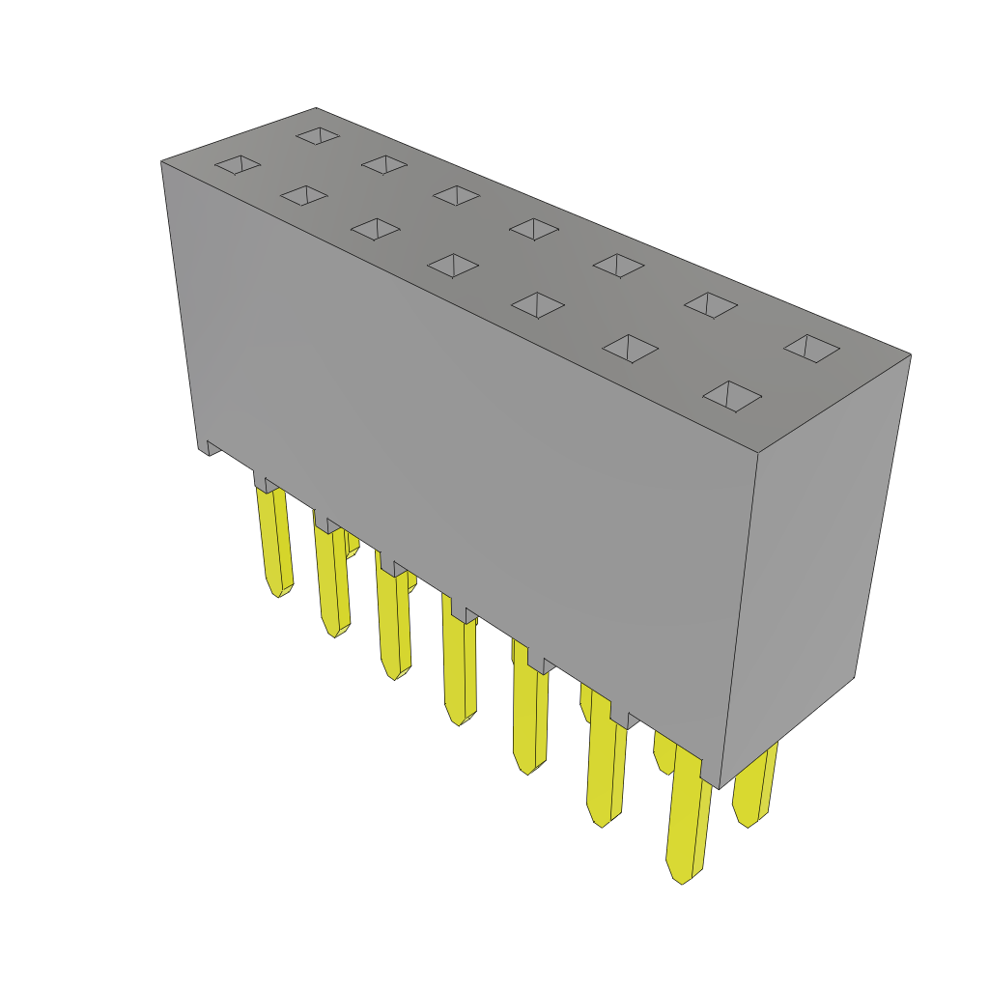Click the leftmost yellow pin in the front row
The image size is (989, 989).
pos(274,541)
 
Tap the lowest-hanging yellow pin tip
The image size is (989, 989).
pos(682,875)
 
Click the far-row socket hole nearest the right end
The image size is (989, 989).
pos(811,348)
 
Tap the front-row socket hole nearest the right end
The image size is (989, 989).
pos(732,395)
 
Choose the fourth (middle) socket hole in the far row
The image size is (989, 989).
pos(534,229)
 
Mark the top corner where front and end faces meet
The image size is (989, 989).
pos(757,453)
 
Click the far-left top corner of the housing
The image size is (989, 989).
pos(161,161)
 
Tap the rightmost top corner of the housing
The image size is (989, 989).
pos(911,354)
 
